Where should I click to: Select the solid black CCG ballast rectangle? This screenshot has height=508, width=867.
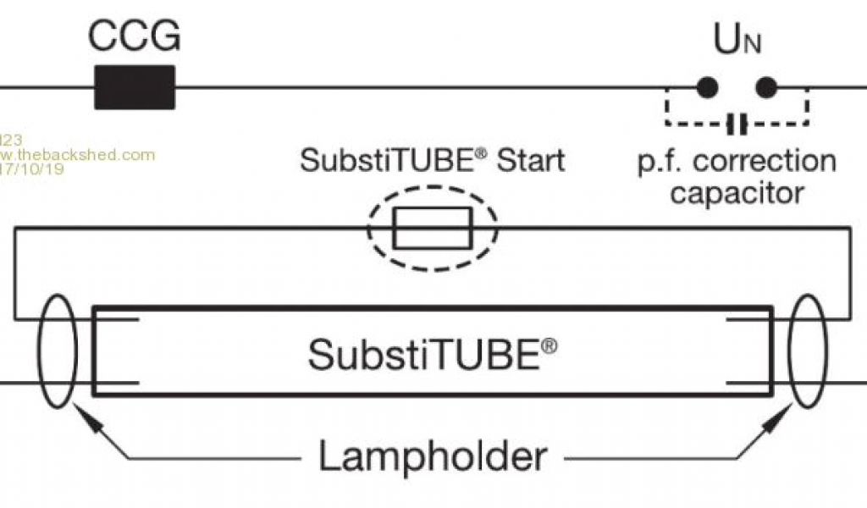point(134,87)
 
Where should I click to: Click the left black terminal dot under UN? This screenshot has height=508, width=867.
point(707,87)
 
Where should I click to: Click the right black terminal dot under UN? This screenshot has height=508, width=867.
point(766,87)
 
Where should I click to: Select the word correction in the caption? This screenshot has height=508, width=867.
point(766,160)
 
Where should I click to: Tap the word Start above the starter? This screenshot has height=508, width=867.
point(530,160)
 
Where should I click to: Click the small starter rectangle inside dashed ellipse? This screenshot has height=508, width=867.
point(433,228)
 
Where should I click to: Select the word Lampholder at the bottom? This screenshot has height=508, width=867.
point(432,458)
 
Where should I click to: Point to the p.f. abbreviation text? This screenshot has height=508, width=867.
point(664,161)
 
